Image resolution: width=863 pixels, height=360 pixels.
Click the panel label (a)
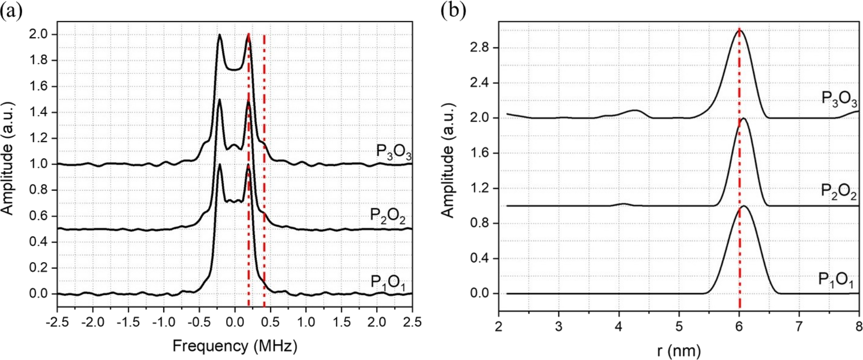point(11,10)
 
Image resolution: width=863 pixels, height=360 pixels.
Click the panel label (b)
point(453,10)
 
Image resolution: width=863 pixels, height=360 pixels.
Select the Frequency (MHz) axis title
point(235,346)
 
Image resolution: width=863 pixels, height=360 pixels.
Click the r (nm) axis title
point(679,351)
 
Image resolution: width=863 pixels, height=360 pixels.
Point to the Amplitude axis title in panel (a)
point(7,158)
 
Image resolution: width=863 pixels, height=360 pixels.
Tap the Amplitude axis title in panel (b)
point(448,160)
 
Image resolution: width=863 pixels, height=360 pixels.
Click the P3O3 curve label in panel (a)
point(393,152)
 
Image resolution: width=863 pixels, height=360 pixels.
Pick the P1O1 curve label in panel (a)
point(387,282)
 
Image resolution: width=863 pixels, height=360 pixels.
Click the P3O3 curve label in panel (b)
point(839,99)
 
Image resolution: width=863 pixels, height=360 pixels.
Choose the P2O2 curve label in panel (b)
point(838,192)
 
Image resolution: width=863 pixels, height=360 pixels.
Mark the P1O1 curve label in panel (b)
point(836,280)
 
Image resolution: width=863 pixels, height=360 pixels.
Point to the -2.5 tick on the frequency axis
point(57,322)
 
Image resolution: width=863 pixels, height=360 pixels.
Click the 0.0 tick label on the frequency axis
point(234,322)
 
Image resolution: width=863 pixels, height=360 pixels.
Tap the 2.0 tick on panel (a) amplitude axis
point(39,34)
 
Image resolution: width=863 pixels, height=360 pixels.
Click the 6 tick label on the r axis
point(739,327)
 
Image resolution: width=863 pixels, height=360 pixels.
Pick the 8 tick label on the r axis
point(859,327)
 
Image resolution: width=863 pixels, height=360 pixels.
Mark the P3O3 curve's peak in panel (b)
point(740,30)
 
